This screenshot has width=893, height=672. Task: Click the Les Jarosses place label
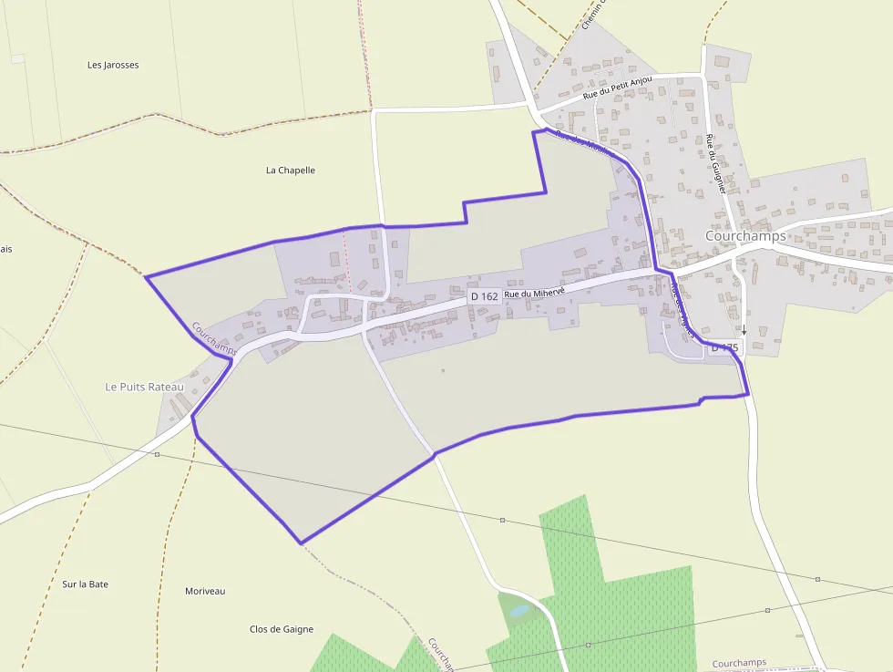pos(113,65)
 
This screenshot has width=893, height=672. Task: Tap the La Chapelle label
pos(290,170)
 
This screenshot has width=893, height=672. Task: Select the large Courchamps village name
pos(745,235)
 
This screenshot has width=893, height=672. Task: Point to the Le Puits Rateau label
pos(145,387)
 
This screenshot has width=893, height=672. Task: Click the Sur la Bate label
pos(86,584)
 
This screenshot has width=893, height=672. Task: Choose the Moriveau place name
pos(205,591)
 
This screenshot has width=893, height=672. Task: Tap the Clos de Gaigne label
pos(282,629)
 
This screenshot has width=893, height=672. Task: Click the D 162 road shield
pos(484,297)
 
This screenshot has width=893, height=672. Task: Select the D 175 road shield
pos(724,347)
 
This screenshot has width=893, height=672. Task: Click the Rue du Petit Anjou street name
pos(618,88)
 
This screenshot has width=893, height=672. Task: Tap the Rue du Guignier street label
pos(715,164)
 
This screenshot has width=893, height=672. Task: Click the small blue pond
pos(518,611)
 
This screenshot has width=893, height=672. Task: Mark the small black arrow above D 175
pos(744,330)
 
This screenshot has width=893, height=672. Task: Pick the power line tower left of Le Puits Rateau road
pos(157,454)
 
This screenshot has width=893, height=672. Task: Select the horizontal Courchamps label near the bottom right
pos(739,663)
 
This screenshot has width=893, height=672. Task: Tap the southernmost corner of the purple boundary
pos(300,543)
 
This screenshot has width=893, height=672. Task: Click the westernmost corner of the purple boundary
pos(146,275)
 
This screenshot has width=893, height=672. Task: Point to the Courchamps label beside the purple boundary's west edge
pos(214,337)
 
